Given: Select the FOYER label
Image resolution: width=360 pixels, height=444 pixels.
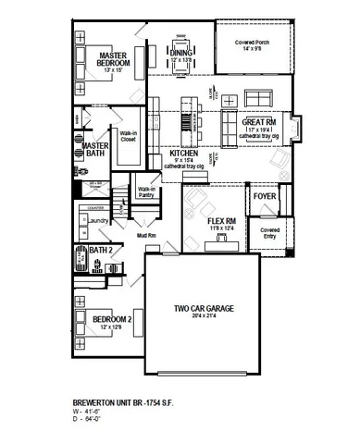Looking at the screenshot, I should pyautogui.click(x=264, y=195).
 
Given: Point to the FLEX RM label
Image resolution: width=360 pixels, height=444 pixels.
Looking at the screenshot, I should pyautogui.click(x=215, y=221).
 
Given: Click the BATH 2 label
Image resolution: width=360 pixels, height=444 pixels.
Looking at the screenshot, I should pyautogui.click(x=101, y=250).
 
